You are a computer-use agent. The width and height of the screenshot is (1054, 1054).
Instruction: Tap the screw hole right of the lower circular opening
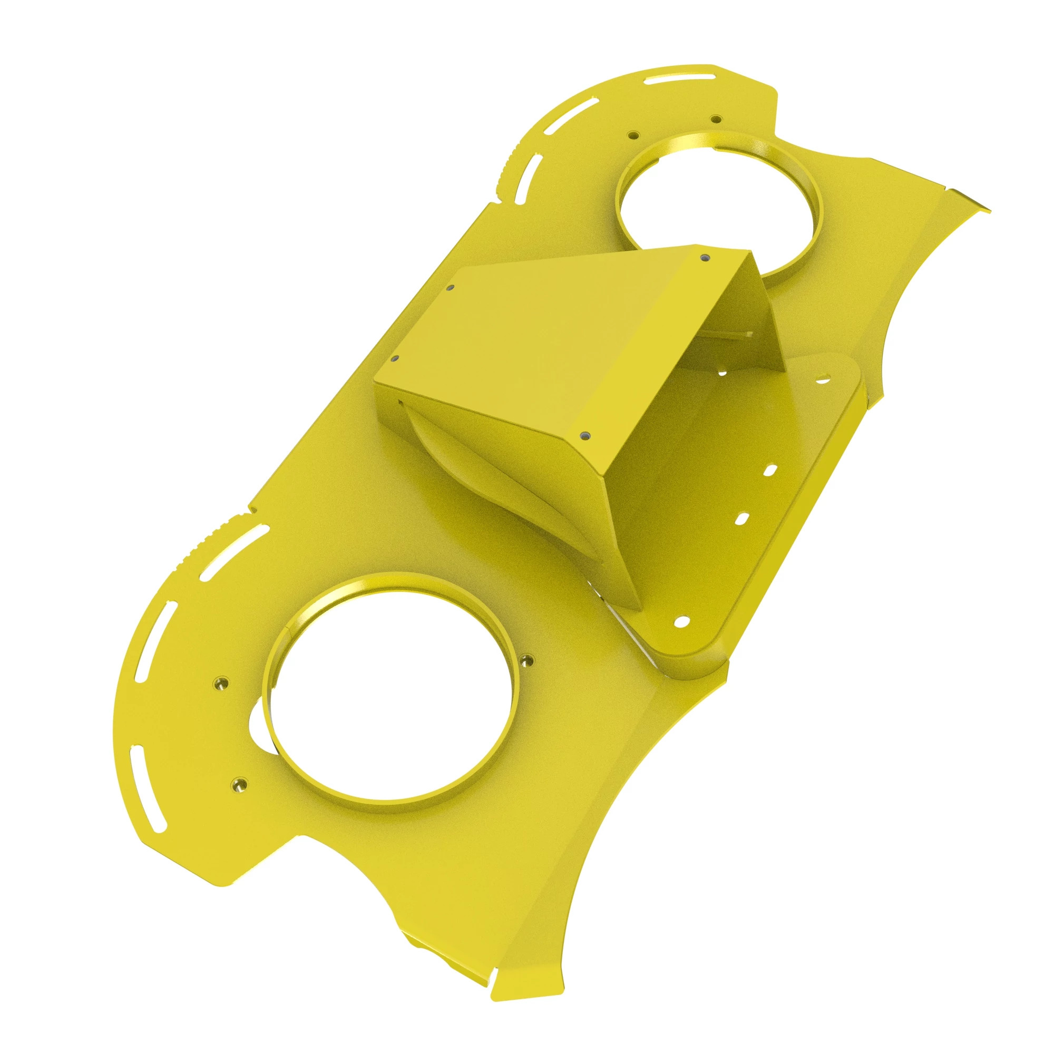pos(526,660)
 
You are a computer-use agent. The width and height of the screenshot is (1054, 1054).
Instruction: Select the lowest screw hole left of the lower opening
pos(238,785)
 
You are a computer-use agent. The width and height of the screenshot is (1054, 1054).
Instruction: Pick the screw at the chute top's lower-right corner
pos(585,435)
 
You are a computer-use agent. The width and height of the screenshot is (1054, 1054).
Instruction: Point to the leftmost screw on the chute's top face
pos(395,358)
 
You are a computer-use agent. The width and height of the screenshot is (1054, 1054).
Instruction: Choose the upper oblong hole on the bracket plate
pos(772,470)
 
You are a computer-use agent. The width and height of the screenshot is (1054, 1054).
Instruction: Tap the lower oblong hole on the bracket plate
pos(741,518)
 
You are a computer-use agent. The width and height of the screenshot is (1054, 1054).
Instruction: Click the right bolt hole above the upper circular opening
pos(714,119)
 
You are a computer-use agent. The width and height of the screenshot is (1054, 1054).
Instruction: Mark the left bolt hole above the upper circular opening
pos(633,135)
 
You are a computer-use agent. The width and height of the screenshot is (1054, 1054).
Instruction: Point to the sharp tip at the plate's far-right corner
pos(989,210)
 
